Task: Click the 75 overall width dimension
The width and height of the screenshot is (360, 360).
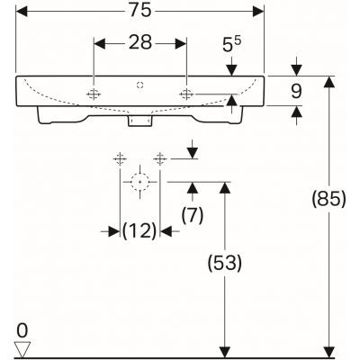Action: pyautogui.click(x=139, y=12)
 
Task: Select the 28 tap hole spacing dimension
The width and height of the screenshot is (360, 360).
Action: pyautogui.click(x=139, y=42)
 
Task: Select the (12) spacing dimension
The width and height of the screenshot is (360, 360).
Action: pyautogui.click(x=139, y=231)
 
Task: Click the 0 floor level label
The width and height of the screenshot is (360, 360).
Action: pyautogui.click(x=22, y=330)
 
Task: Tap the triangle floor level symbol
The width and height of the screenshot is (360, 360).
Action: pyautogui.click(x=23, y=347)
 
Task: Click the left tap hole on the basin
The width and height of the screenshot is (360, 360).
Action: pyautogui.click(x=94, y=94)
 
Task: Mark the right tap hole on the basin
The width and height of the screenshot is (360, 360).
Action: pyautogui.click(x=185, y=94)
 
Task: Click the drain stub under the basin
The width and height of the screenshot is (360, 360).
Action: pyautogui.click(x=139, y=118)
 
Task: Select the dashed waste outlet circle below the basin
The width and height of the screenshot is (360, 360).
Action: pyautogui.click(x=139, y=181)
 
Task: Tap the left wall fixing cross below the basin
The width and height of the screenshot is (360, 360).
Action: pyautogui.click(x=118, y=158)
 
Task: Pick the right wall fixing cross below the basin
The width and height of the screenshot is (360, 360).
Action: pyautogui.click(x=161, y=158)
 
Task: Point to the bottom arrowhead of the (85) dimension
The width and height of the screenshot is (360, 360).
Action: pyautogui.click(x=331, y=351)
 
